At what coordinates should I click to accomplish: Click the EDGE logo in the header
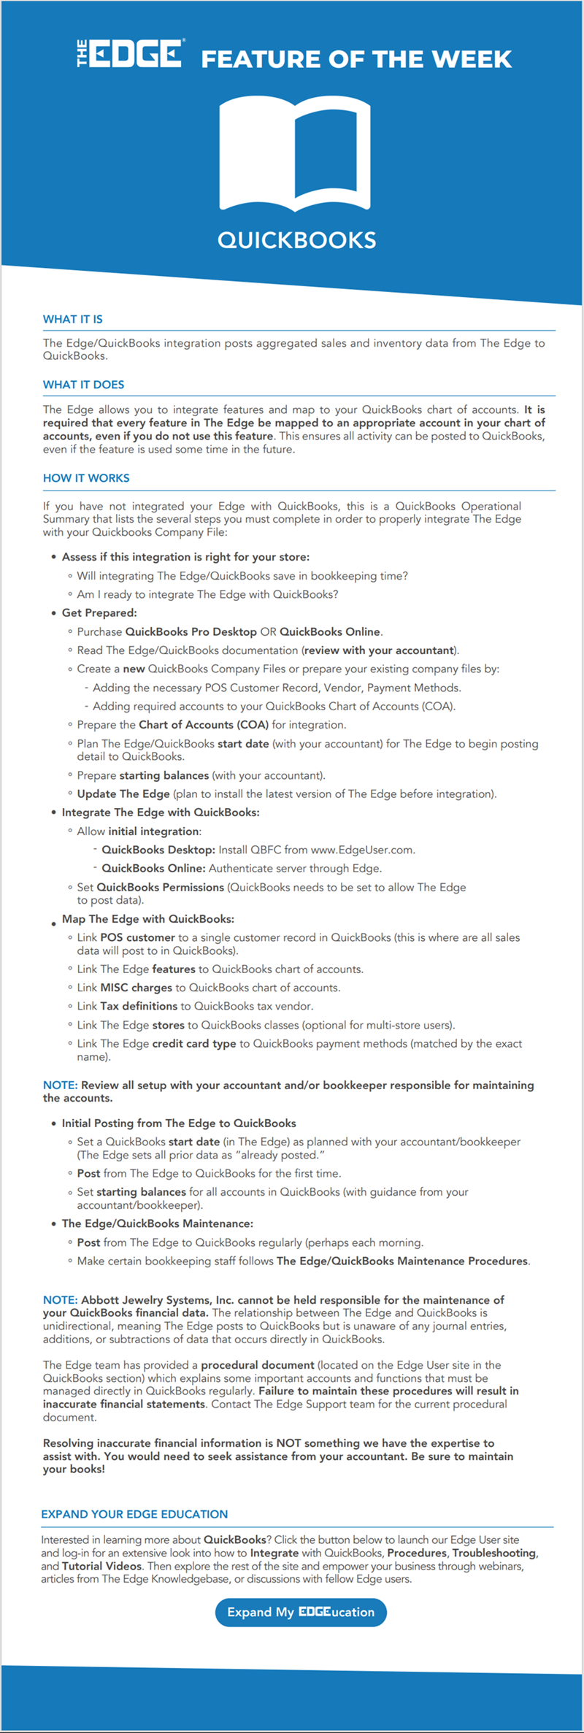(131, 54)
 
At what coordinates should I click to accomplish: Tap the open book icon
(296, 155)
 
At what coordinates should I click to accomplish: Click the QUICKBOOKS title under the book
(296, 240)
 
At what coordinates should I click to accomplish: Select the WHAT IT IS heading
(73, 319)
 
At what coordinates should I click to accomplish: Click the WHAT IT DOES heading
(83, 385)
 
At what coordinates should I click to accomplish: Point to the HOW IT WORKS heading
(86, 478)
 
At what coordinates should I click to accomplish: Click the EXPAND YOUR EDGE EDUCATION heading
(134, 1514)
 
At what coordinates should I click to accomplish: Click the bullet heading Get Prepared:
(99, 612)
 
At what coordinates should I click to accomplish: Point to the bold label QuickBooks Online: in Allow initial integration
(153, 868)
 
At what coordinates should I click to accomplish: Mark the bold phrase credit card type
(193, 1044)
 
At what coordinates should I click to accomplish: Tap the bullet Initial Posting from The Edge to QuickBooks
(179, 1123)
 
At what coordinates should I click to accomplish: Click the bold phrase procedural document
(258, 1364)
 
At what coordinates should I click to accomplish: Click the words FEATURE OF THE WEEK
(356, 59)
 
